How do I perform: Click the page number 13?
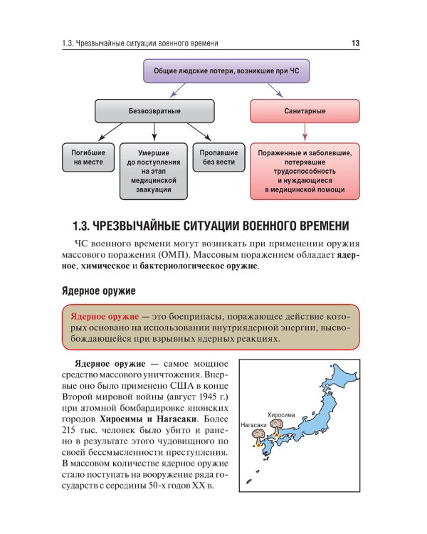[356, 43]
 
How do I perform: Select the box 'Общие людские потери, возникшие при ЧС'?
[213, 71]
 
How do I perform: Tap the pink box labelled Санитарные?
[305, 111]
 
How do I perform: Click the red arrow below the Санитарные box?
[305, 132]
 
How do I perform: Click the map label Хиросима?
[280, 414]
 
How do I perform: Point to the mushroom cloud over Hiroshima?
[280, 426]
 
